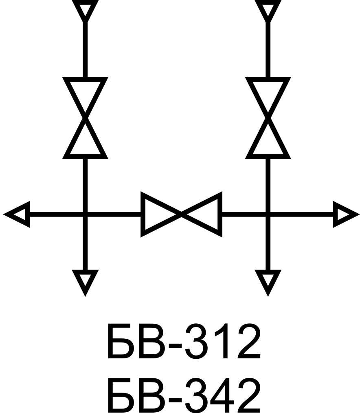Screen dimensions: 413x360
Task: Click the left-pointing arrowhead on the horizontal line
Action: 18,214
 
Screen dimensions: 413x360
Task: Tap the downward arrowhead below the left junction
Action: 85,281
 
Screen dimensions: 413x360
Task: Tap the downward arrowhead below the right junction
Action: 268,281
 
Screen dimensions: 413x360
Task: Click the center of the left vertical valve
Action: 85,118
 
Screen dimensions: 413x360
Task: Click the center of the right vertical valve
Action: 268,118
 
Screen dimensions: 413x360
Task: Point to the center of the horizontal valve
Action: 181,214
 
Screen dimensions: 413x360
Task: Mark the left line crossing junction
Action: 85,214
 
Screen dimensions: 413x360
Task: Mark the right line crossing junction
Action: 268,214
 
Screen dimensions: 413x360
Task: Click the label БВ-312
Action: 183,342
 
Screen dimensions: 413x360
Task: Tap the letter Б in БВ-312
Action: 120,342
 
